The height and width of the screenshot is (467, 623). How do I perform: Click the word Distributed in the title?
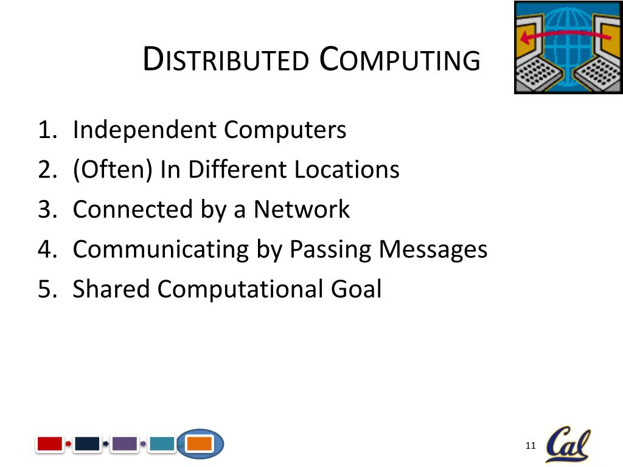pyautogui.click(x=225, y=60)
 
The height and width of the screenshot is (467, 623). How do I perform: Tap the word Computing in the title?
pyautogui.click(x=400, y=60)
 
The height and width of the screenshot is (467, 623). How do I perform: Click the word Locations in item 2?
pyautogui.click(x=347, y=170)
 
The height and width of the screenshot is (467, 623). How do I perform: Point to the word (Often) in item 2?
pyautogui.click(x=113, y=170)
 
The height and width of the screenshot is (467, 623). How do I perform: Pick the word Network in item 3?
pyautogui.click(x=301, y=209)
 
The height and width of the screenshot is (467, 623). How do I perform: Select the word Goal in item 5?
pyautogui.click(x=356, y=289)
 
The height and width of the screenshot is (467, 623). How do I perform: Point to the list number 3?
pyautogui.click(x=46, y=210)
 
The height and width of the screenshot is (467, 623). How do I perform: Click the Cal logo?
pyautogui.click(x=568, y=445)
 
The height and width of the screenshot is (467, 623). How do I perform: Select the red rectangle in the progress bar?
pyautogui.click(x=50, y=444)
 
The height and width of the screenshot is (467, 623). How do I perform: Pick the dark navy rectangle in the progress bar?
pyautogui.click(x=87, y=444)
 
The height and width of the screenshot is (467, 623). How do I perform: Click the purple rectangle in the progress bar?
pyautogui.click(x=125, y=444)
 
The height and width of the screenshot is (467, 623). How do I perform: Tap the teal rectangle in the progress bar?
pyautogui.click(x=162, y=444)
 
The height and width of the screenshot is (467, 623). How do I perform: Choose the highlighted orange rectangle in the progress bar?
pyautogui.click(x=200, y=444)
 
